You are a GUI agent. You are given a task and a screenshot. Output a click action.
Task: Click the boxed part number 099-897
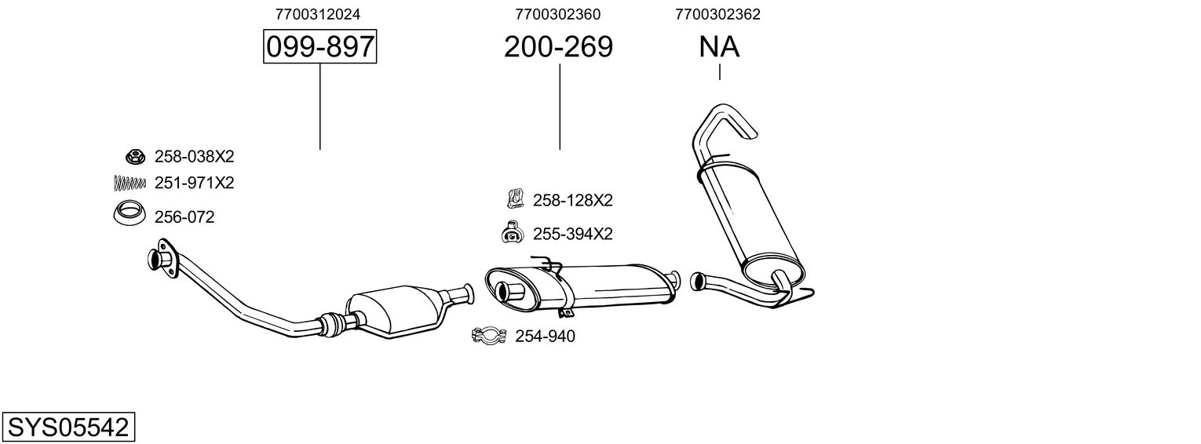click(x=319, y=47)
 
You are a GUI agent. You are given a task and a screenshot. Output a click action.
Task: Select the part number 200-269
click(x=558, y=47)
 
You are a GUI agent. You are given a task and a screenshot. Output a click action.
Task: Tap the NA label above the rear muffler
click(x=719, y=47)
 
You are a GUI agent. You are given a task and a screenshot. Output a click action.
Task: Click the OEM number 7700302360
click(x=558, y=14)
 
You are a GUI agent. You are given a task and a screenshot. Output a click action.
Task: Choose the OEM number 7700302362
click(x=717, y=14)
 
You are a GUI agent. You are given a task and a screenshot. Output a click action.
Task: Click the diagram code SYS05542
click(x=68, y=428)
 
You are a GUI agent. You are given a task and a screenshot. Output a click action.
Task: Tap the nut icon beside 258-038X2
click(x=134, y=156)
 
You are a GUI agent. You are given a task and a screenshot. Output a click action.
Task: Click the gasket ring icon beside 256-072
click(x=129, y=213)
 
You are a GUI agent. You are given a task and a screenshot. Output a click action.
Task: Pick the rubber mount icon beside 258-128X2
click(x=515, y=199)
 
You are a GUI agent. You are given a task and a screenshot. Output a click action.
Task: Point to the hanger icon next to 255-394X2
click(x=512, y=233)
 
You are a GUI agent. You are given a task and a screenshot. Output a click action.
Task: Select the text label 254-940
click(x=545, y=337)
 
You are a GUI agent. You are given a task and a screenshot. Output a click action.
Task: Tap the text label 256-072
click(x=184, y=217)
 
